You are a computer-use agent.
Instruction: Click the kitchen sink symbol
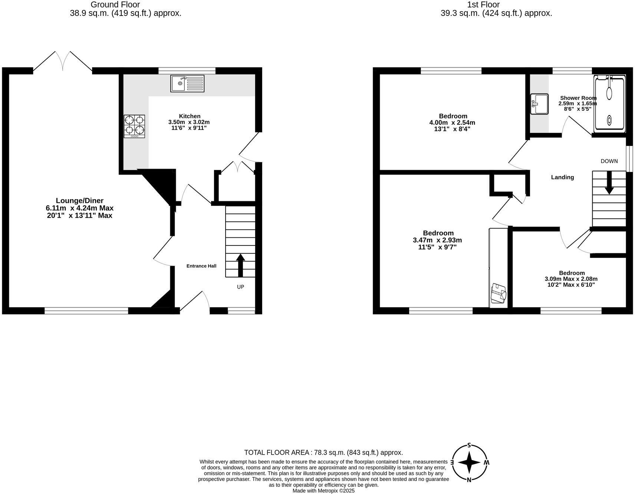point(187,84)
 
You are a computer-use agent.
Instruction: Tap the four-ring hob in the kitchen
point(134,126)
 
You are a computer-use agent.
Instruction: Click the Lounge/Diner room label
point(79,201)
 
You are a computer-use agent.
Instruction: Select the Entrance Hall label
point(201,266)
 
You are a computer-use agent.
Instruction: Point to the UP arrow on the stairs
point(240,265)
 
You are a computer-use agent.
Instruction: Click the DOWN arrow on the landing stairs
point(609,183)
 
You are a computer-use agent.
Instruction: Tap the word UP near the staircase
point(240,287)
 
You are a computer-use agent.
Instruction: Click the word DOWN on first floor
point(609,161)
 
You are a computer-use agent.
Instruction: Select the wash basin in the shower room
point(539,104)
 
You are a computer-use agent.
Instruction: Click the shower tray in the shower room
point(609,104)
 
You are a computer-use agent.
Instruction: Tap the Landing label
point(562,177)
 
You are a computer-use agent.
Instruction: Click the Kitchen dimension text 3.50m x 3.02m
point(189,122)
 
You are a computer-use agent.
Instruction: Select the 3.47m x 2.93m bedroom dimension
point(437,240)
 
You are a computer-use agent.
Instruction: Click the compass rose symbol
point(469,462)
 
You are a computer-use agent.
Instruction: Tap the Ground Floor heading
point(115,5)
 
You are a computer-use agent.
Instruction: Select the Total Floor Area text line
point(323,452)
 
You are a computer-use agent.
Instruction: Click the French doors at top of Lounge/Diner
point(63,61)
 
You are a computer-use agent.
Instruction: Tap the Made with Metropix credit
point(323,491)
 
